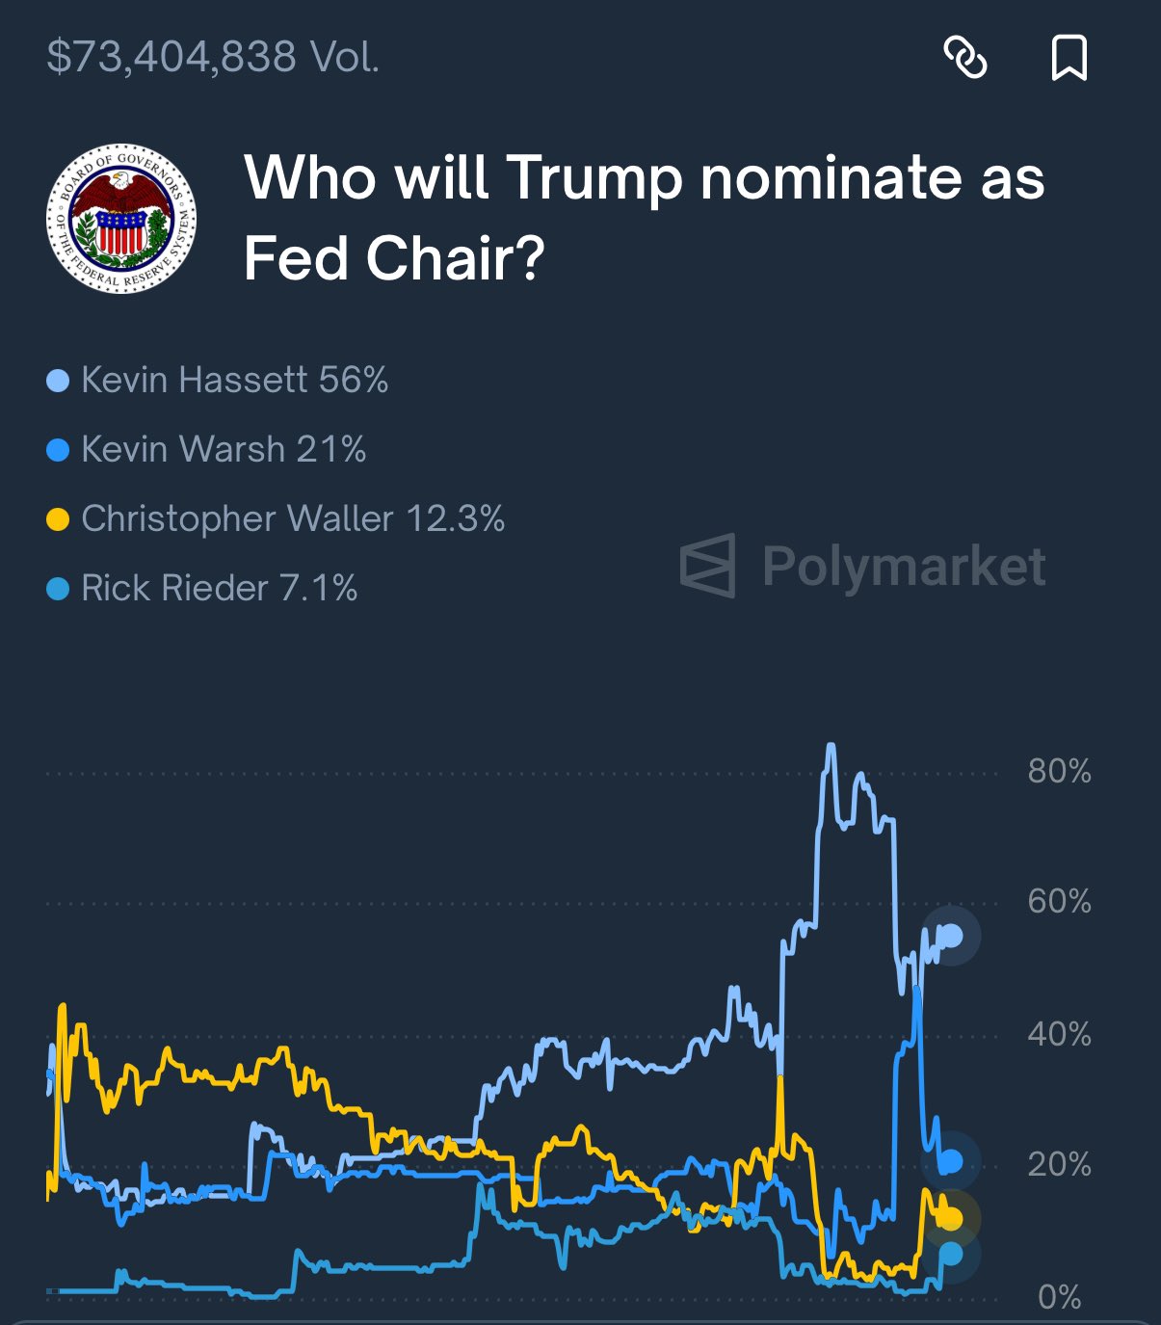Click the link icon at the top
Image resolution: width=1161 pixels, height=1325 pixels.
pos(964,57)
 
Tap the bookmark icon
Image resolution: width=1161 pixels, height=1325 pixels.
pos(1069,57)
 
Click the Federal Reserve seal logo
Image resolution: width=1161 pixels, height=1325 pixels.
pos(121,218)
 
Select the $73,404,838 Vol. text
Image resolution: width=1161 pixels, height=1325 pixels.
pos(213,57)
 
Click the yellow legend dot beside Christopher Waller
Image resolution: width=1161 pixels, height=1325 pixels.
pos(58,519)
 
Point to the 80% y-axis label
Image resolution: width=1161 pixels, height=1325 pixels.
pos(1059,771)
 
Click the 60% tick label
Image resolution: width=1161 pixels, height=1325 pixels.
pos(1059,902)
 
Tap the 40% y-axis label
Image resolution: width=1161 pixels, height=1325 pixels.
pos(1059,1034)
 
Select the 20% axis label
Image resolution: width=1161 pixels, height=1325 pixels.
pos(1059,1165)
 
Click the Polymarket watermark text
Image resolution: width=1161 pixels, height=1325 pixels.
pos(903,566)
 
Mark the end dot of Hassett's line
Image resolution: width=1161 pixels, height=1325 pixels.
pos(951,936)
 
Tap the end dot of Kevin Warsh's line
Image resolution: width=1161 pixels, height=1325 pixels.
pos(951,1162)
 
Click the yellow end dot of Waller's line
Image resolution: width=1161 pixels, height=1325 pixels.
pos(951,1219)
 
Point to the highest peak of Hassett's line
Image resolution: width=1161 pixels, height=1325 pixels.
pos(831,746)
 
